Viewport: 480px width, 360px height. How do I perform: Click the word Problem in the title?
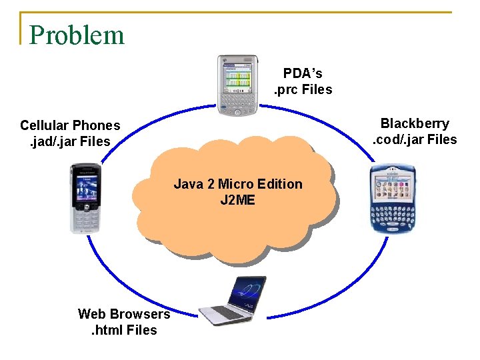pyautogui.click(x=77, y=35)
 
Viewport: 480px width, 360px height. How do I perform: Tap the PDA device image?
pyautogui.click(x=238, y=85)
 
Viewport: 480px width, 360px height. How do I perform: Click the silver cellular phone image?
pyautogui.click(x=85, y=198)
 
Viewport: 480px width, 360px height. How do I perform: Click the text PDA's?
pyautogui.click(x=302, y=73)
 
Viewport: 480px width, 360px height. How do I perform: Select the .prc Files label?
pyautogui.click(x=303, y=89)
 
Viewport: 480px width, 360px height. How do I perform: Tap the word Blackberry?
pyautogui.click(x=415, y=123)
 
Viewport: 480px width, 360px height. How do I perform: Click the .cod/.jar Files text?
pyautogui.click(x=415, y=139)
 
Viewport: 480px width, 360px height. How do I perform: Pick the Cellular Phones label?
pyautogui.click(x=70, y=125)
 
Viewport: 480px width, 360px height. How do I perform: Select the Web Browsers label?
pyautogui.click(x=124, y=313)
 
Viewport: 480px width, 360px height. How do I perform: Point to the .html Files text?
pyautogui.click(x=118, y=330)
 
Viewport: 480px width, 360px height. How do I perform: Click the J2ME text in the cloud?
pyautogui.click(x=237, y=199)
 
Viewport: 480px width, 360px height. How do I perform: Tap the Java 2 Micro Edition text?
pyautogui.click(x=238, y=184)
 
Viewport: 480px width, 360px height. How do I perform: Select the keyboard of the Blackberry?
pyautogui.click(x=391, y=213)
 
